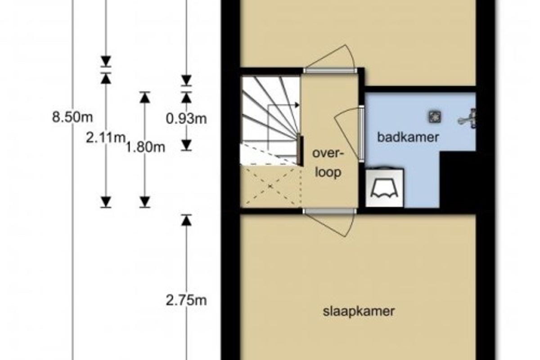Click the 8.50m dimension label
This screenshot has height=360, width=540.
(72, 117)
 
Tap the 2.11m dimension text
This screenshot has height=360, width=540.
(106, 138)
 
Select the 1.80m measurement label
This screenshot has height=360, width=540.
(145, 147)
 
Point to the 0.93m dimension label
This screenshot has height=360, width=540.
(186, 118)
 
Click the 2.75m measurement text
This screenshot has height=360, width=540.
(186, 301)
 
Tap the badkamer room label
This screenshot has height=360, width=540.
(408, 137)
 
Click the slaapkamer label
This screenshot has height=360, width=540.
(359, 311)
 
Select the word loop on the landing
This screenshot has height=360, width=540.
(328, 172)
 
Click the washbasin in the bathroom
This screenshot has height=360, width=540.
(384, 187)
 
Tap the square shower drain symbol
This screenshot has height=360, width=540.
(435, 117)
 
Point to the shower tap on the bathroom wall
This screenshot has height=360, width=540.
(468, 119)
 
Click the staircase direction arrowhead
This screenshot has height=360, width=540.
(297, 105)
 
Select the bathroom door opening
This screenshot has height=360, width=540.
(361, 134)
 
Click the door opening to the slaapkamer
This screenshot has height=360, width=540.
(329, 211)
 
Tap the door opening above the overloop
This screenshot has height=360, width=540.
(330, 70)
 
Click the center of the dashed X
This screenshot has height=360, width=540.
(270, 186)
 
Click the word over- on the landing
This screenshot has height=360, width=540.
(328, 153)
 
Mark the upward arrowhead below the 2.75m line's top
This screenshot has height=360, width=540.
(186, 220)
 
